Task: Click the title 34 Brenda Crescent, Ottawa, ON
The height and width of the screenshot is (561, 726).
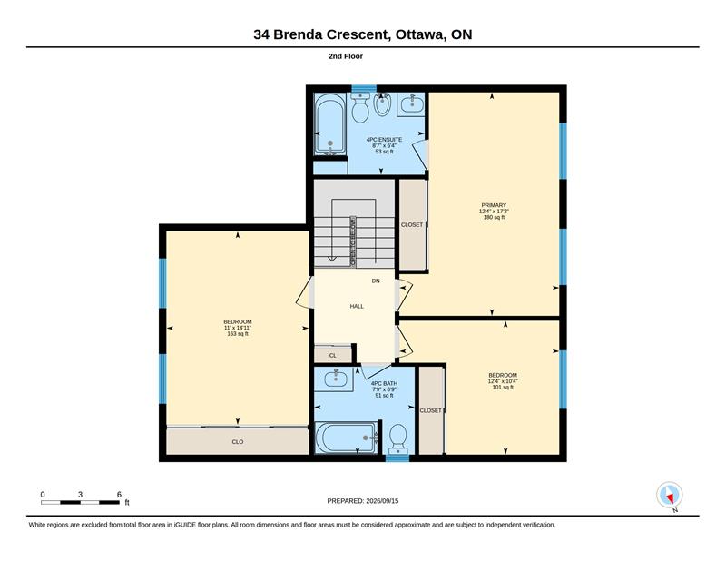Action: click(362, 34)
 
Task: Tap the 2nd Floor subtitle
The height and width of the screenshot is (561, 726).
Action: click(346, 56)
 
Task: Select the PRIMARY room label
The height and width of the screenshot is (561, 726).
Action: click(494, 205)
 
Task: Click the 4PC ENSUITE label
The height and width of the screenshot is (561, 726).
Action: click(384, 140)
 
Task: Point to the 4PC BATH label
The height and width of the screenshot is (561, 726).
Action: click(384, 384)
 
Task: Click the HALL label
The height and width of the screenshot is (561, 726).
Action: click(357, 306)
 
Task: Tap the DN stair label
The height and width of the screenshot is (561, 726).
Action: click(376, 280)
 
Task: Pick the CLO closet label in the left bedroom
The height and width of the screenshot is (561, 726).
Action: click(238, 442)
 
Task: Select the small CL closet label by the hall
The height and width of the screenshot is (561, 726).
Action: click(332, 356)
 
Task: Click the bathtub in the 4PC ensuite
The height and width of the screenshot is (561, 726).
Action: click(329, 124)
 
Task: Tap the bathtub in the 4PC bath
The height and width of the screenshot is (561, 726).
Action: click(347, 438)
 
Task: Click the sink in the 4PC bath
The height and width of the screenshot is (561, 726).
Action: click(335, 379)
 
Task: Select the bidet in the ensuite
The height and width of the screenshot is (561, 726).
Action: click(382, 104)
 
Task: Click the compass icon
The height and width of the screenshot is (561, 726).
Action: click(670, 496)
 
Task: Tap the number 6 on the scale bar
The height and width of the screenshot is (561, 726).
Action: click(119, 495)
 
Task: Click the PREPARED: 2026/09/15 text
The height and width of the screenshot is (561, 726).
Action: click(362, 501)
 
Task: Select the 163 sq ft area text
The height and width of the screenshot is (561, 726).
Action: click(238, 333)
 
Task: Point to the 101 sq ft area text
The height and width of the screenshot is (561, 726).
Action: click(503, 388)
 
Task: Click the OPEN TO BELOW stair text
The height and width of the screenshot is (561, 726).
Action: click(353, 241)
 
